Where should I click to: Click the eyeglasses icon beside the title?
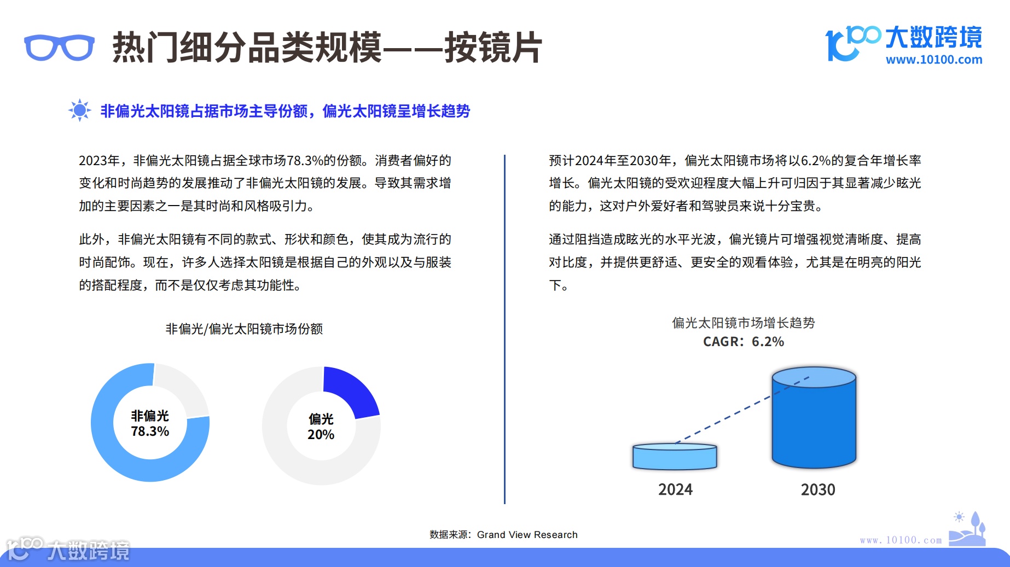coord(59,48)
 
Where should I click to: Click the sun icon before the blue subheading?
coord(79,110)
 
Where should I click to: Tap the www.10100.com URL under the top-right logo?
coord(933,60)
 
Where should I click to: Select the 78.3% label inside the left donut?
coord(150,431)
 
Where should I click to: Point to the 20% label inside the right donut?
coord(321,435)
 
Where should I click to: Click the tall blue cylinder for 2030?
coord(814,424)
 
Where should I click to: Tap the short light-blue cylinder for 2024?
coord(675,458)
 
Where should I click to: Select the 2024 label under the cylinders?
coord(675,489)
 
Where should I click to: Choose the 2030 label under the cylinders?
coord(818,489)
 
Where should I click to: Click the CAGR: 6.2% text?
coord(743,342)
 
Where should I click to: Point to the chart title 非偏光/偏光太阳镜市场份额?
coord(244,329)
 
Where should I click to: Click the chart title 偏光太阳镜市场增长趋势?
coord(743,323)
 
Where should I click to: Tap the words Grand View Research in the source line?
coord(527,535)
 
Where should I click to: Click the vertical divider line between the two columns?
coord(504,328)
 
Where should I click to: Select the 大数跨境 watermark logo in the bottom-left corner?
coord(68,550)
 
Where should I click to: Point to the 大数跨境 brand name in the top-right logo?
coord(933,37)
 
